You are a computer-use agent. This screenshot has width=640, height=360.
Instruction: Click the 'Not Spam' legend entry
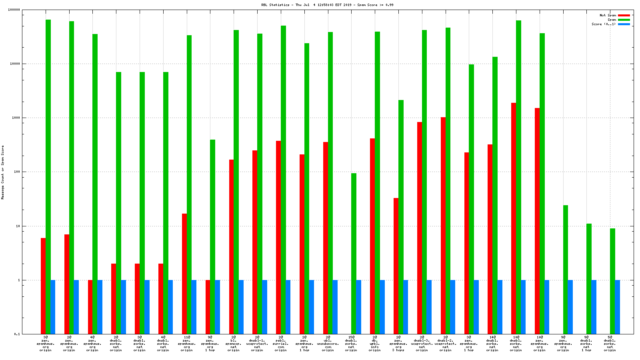point(608,15)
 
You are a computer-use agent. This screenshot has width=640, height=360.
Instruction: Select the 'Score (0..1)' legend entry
point(604,24)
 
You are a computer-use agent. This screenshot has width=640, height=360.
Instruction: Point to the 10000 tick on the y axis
point(15,64)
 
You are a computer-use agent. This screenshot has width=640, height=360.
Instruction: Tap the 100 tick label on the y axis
point(16,172)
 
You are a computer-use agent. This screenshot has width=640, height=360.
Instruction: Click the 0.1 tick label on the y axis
point(17,334)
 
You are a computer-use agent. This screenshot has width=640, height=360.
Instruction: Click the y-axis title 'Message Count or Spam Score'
point(2,172)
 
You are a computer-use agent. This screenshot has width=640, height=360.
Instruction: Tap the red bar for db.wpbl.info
point(372,236)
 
